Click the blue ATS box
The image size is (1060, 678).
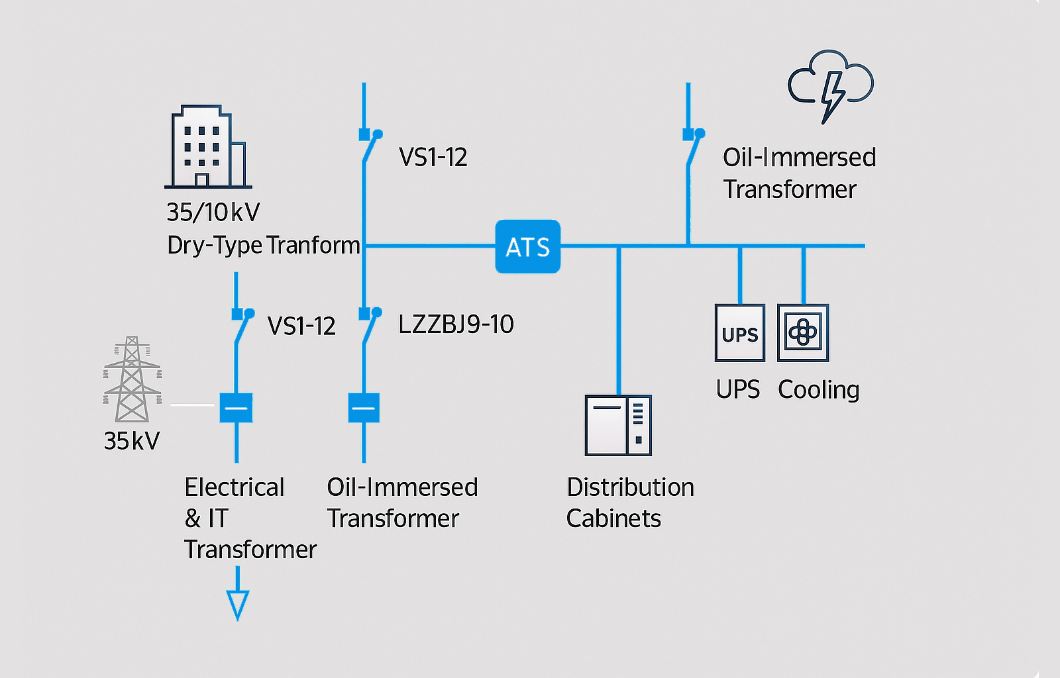pyautogui.click(x=527, y=247)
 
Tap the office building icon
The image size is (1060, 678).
pyautogui.click(x=207, y=147)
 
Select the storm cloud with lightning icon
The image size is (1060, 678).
pyautogui.click(x=831, y=85)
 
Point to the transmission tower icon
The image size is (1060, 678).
pyautogui.click(x=132, y=379)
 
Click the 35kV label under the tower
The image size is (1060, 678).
pyautogui.click(x=132, y=441)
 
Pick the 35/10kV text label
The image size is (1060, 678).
pyautogui.click(x=213, y=213)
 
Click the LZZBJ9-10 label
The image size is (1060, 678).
pyautogui.click(x=456, y=324)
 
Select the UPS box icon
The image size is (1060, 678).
pyautogui.click(x=739, y=333)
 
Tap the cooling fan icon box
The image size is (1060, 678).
pyautogui.click(x=803, y=333)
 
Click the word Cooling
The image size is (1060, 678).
pyautogui.click(x=818, y=390)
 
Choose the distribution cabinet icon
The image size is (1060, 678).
pyautogui.click(x=618, y=425)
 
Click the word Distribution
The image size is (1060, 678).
pyautogui.click(x=630, y=487)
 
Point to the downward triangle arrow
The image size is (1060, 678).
pyautogui.click(x=237, y=604)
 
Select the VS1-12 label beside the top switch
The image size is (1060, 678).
pyautogui.click(x=433, y=158)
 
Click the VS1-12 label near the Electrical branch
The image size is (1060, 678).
pyautogui.click(x=301, y=326)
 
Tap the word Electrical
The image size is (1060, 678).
pyautogui.click(x=235, y=487)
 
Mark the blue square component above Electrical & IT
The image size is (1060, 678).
pyautogui.click(x=237, y=408)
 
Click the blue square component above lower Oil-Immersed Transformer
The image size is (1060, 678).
pyautogui.click(x=364, y=408)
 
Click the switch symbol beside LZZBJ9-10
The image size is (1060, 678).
pyautogui.click(x=368, y=326)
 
